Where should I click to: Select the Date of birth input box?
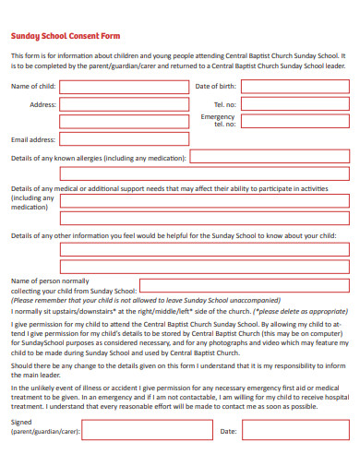coord(294,87)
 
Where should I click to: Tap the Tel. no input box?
coord(294,104)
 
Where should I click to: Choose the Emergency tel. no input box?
coord(294,121)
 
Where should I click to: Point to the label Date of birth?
coord(215,87)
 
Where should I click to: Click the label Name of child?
coord(33,87)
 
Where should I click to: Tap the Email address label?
coord(33,140)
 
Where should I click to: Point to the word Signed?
coord(21,422)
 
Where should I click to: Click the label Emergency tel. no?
coord(218,121)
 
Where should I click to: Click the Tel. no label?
coord(225,104)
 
